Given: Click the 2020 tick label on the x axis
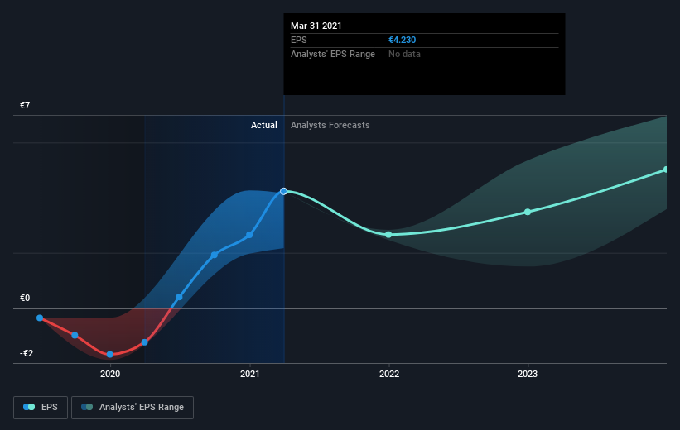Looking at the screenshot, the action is point(110,374).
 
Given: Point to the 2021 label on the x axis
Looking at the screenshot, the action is point(250,374).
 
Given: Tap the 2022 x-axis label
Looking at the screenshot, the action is point(389,374).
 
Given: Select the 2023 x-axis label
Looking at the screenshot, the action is point(528,374).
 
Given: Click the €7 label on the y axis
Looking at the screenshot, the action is point(25,105).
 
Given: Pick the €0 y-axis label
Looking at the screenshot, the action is point(25,298).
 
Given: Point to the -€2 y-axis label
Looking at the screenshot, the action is point(26,353).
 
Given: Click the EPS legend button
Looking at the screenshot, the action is point(41,408).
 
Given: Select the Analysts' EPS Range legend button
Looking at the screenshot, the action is point(133,408).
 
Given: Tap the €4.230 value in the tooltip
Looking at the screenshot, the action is point(402,40).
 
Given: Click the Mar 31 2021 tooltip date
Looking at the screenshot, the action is point(316,26).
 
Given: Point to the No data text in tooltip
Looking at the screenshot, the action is point(404,54).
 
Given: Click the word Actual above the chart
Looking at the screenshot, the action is point(263,125).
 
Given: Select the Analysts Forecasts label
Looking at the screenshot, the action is point(330,125).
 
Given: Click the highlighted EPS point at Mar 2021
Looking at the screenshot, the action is point(283,191).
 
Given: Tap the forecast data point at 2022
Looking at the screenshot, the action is point(388,235).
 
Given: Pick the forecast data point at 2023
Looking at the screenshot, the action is point(528,212).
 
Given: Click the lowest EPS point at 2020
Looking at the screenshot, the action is point(109,355).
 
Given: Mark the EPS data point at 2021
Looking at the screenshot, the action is point(249,235).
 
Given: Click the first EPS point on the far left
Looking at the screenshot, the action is point(40,318).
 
